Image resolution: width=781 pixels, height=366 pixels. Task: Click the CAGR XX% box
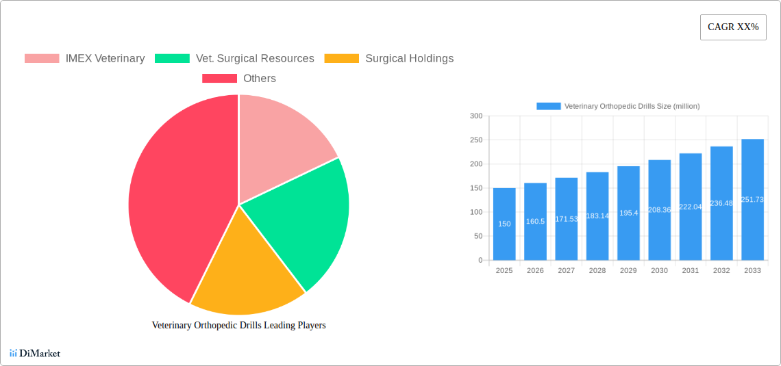[x=732, y=27]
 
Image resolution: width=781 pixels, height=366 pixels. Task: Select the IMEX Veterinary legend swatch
[x=42, y=59]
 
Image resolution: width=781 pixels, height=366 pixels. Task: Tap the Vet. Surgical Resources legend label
[x=255, y=59]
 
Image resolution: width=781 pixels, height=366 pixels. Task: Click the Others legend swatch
[x=219, y=79]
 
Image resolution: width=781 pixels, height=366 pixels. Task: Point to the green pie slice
[x=301, y=219]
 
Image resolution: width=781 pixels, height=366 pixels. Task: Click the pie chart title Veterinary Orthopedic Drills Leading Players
[x=238, y=326]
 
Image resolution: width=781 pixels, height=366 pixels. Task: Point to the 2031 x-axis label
[x=691, y=271]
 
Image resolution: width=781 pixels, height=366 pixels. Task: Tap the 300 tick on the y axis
[x=475, y=116]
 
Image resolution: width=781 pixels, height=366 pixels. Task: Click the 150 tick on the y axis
[x=475, y=188]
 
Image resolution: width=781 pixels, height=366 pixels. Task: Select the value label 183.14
[x=597, y=216]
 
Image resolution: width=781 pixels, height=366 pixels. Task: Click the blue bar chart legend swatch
[x=548, y=106]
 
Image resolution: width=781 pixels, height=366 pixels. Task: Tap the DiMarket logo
[x=35, y=354]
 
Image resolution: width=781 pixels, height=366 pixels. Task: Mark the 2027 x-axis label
[x=567, y=271]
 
